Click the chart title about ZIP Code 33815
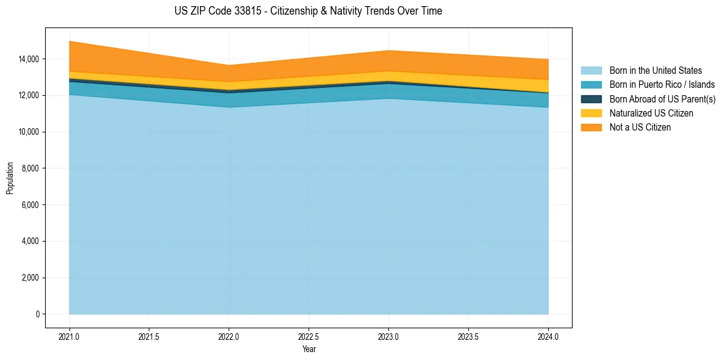pos(308,11)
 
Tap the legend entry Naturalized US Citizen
pos(651,113)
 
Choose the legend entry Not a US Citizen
pos(640,127)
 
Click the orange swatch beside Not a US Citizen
pos(591,127)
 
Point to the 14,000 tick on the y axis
pos(29,59)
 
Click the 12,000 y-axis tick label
pos(29,96)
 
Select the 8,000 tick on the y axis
pos(30,168)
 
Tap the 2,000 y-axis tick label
pos(30,278)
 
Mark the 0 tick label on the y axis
pos(37,314)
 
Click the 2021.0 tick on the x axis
pos(70,336)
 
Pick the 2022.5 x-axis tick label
pos(309,336)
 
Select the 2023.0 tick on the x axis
pos(388,336)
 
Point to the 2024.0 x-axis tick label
pos(548,336)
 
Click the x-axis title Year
pos(309,349)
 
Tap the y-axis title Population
pos(10,178)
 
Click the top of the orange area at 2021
pos(70,41)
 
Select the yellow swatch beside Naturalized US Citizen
pos(591,113)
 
